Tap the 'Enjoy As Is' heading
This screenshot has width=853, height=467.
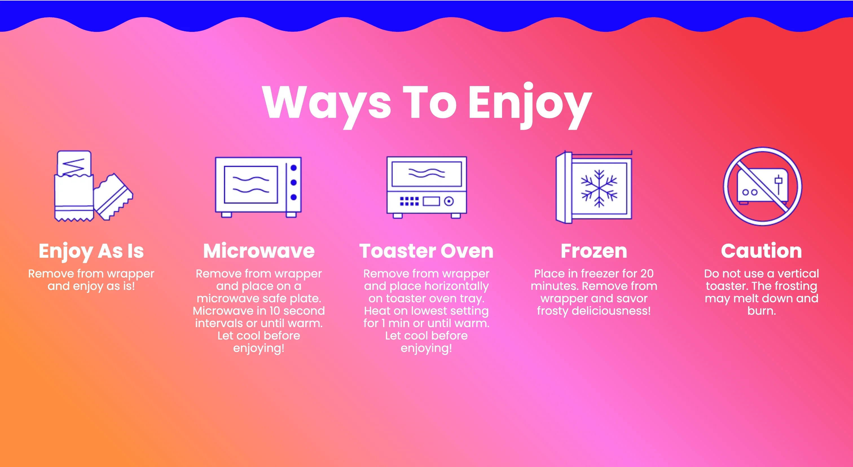coord(91,251)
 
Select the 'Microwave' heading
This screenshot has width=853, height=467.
coord(259,251)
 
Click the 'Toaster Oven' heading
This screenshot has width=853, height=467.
coord(426,251)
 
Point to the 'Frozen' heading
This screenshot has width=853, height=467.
coord(594,251)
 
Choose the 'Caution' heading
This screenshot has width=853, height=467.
coord(761,251)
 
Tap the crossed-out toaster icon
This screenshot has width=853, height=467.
coord(762,186)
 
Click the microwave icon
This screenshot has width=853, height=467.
coord(258,186)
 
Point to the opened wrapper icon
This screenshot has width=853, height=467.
coord(93,186)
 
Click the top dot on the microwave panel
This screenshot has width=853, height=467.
coord(293,168)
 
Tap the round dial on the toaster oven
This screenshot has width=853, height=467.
coord(449,201)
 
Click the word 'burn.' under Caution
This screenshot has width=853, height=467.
coord(761,311)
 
